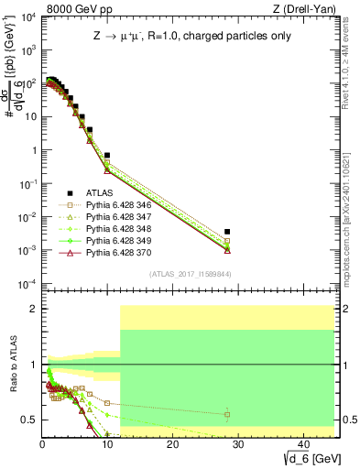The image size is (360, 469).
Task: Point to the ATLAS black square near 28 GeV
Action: pos(227,232)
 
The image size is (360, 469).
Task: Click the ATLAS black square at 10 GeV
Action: pos(107,156)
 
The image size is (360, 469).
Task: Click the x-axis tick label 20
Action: pos(172,444)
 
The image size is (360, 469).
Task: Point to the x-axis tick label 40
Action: pos(302,444)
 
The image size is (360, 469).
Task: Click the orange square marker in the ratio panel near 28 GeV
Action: pos(227,414)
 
